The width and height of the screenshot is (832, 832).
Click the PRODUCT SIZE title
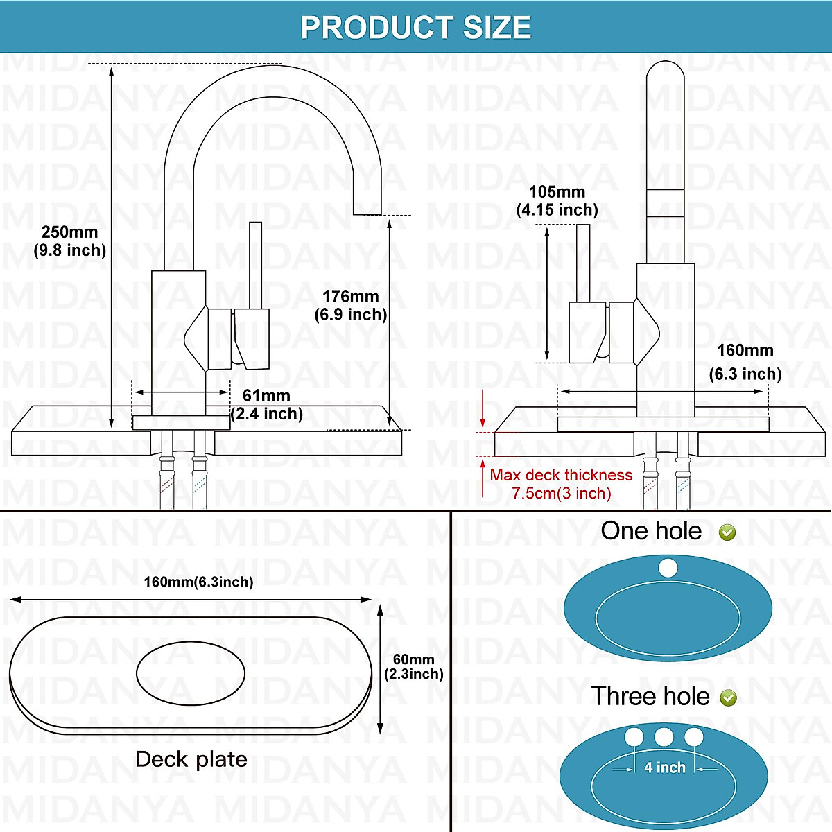coord(416,28)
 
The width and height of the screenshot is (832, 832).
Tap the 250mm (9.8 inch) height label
coord(70,241)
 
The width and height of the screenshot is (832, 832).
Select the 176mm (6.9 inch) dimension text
coord(351,306)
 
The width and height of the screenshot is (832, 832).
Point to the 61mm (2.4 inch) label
coord(267,405)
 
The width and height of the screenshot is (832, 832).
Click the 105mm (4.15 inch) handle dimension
coord(557,201)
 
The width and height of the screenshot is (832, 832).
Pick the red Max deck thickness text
coord(561,484)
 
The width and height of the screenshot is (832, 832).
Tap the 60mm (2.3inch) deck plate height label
coord(414,666)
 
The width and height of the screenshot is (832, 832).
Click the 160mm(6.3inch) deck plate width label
coord(198,582)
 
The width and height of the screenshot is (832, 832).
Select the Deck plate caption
coord(191,759)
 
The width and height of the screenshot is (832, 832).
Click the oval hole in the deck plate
coord(191,673)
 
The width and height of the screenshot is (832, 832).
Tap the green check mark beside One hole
coord(727,532)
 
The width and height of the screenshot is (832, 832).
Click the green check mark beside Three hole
coord(729,697)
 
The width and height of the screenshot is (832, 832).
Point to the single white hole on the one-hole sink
coord(668,569)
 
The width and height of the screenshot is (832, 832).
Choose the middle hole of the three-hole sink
coord(664,736)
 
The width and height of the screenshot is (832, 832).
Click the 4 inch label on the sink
coord(664,768)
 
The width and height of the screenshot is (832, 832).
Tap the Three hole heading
coord(650,696)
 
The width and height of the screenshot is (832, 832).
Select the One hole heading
coord(651,531)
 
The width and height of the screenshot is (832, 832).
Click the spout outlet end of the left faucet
coord(367,208)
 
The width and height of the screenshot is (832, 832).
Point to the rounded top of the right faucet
coord(665,73)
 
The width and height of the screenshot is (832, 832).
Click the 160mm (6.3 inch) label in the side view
coord(745,362)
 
